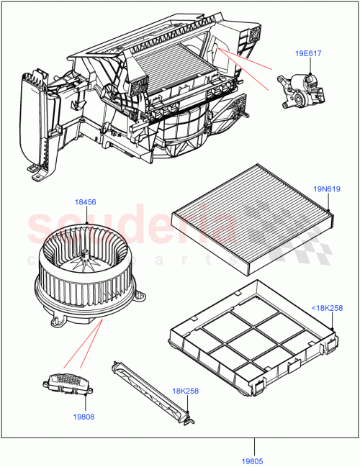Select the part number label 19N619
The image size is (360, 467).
point(327,189)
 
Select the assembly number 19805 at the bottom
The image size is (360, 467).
point(253,453)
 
